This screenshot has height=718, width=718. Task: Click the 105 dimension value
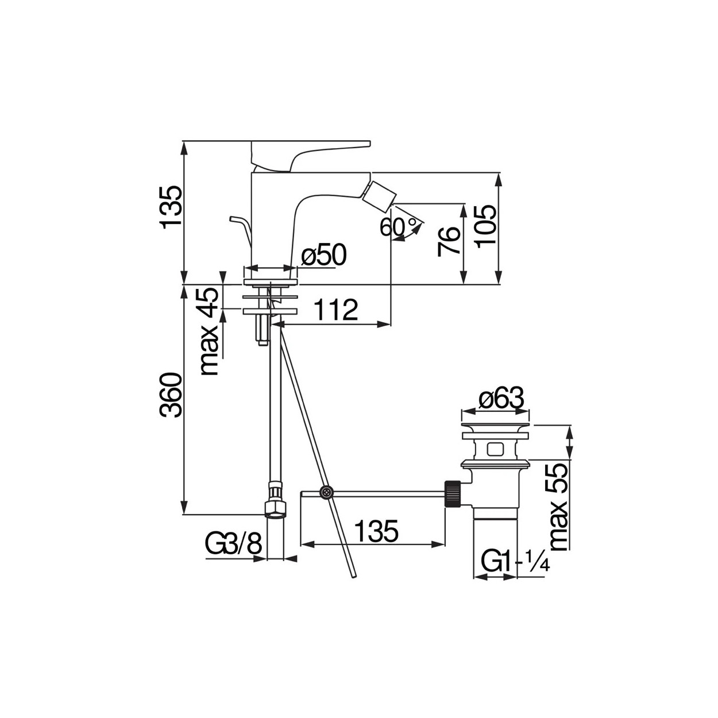pyautogui.click(x=485, y=227)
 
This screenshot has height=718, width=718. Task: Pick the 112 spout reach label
pyautogui.click(x=335, y=310)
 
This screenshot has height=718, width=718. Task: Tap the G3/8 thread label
pyautogui.click(x=234, y=545)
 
